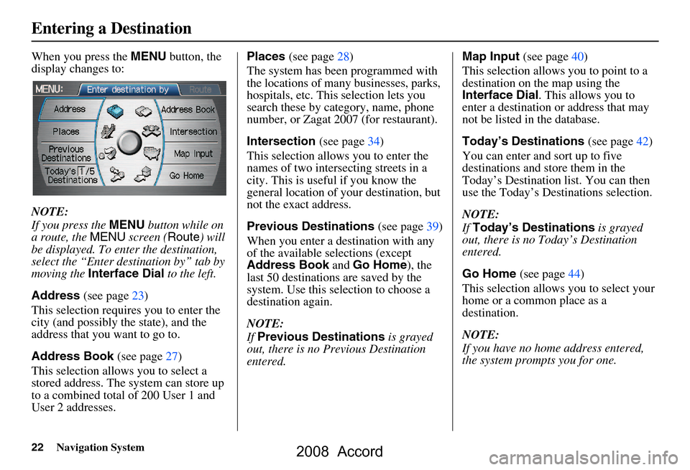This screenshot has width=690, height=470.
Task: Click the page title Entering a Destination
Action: click(x=111, y=29)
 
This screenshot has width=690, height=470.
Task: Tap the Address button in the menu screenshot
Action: click(x=70, y=110)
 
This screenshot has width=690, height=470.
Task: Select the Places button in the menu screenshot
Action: click(x=67, y=132)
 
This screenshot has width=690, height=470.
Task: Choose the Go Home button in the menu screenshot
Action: click(x=187, y=175)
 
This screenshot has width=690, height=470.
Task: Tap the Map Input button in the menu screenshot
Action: click(x=193, y=154)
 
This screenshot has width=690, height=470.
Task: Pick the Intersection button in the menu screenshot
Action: click(x=193, y=132)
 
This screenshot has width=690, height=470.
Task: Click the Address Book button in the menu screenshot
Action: click(x=188, y=110)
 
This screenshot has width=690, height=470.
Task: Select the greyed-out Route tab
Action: click(x=201, y=90)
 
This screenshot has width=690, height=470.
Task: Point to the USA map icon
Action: click(x=151, y=152)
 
